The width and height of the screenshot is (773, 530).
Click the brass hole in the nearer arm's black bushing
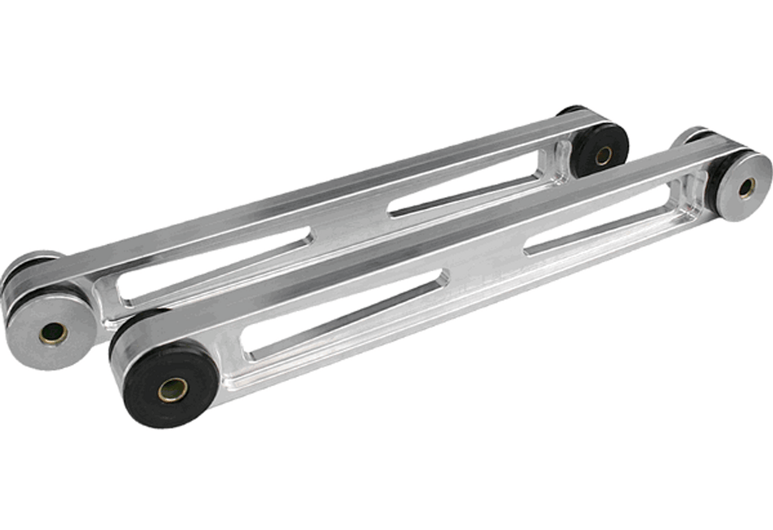[x=173, y=390]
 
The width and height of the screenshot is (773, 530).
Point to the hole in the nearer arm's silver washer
[x=746, y=188]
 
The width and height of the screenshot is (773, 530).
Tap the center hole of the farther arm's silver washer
[x=54, y=332]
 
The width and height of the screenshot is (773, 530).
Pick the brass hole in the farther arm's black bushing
[x=603, y=155]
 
